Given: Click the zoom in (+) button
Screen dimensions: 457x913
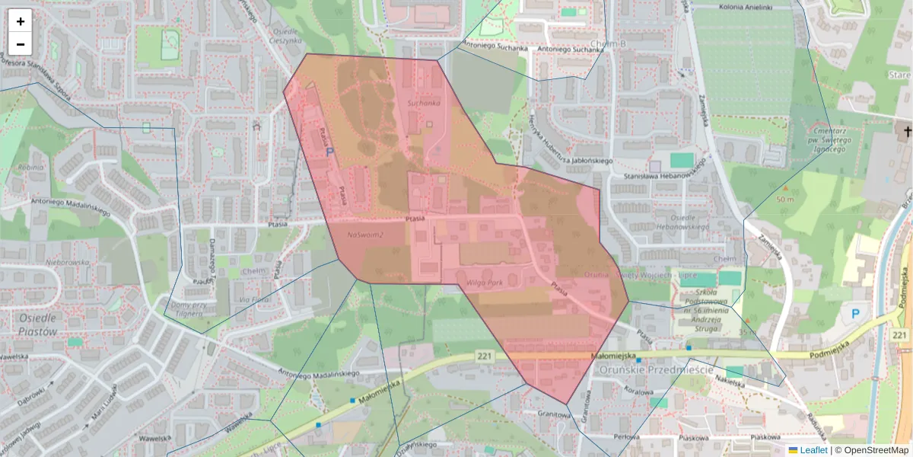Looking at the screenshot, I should (21, 21).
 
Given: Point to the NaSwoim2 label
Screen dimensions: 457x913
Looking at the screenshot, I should (365, 235).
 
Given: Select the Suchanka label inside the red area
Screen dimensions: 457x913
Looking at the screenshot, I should (424, 103).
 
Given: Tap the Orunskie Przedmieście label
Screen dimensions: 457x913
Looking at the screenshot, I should (656, 369).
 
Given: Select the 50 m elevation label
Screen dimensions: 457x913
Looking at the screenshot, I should (785, 199).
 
